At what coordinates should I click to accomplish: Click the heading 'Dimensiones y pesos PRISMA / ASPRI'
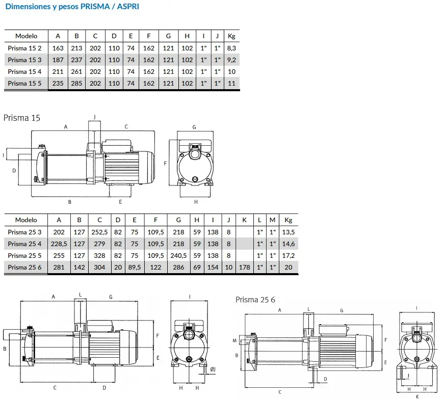point(72,7)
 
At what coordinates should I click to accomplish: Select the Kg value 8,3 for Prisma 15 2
point(231,48)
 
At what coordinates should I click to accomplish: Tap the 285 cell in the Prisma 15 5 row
point(77,83)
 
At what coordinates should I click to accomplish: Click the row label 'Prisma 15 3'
point(25,60)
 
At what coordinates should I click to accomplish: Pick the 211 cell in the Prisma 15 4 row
point(58,71)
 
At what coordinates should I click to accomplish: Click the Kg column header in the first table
point(231,36)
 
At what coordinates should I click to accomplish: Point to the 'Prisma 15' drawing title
point(22,118)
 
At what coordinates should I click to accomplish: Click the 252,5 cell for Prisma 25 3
point(99,232)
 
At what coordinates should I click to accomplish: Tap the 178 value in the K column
point(245,267)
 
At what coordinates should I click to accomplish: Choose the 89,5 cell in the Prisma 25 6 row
point(135,267)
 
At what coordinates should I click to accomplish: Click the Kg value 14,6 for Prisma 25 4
point(289,244)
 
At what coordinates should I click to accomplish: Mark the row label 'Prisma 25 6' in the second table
point(25,267)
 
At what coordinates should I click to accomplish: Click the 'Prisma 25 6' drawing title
point(255,299)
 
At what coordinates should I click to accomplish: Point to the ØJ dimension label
point(213,368)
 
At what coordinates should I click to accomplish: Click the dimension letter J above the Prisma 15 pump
point(93,116)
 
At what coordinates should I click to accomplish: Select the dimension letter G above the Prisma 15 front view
point(194,126)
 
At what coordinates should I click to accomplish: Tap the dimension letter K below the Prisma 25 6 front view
point(417,395)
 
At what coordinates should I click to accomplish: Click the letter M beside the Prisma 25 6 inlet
point(235,340)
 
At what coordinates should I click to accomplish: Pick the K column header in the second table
point(245,220)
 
